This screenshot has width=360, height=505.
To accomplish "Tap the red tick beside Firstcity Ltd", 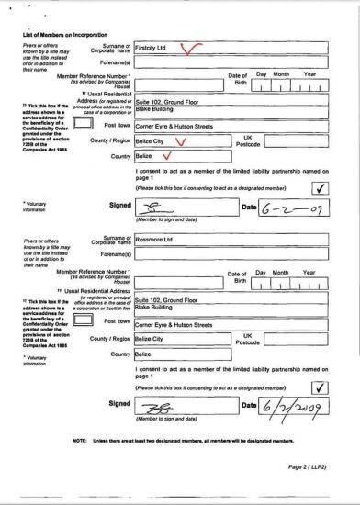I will [x=192, y=48].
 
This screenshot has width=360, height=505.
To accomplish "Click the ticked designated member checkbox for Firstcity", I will [x=319, y=187].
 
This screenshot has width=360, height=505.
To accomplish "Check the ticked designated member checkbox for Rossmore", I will [x=319, y=386].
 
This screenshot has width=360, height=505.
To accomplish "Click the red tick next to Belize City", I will [x=181, y=140].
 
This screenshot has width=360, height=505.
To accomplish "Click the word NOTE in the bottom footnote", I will [x=78, y=441].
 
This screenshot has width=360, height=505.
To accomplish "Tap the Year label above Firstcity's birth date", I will [x=309, y=73].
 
